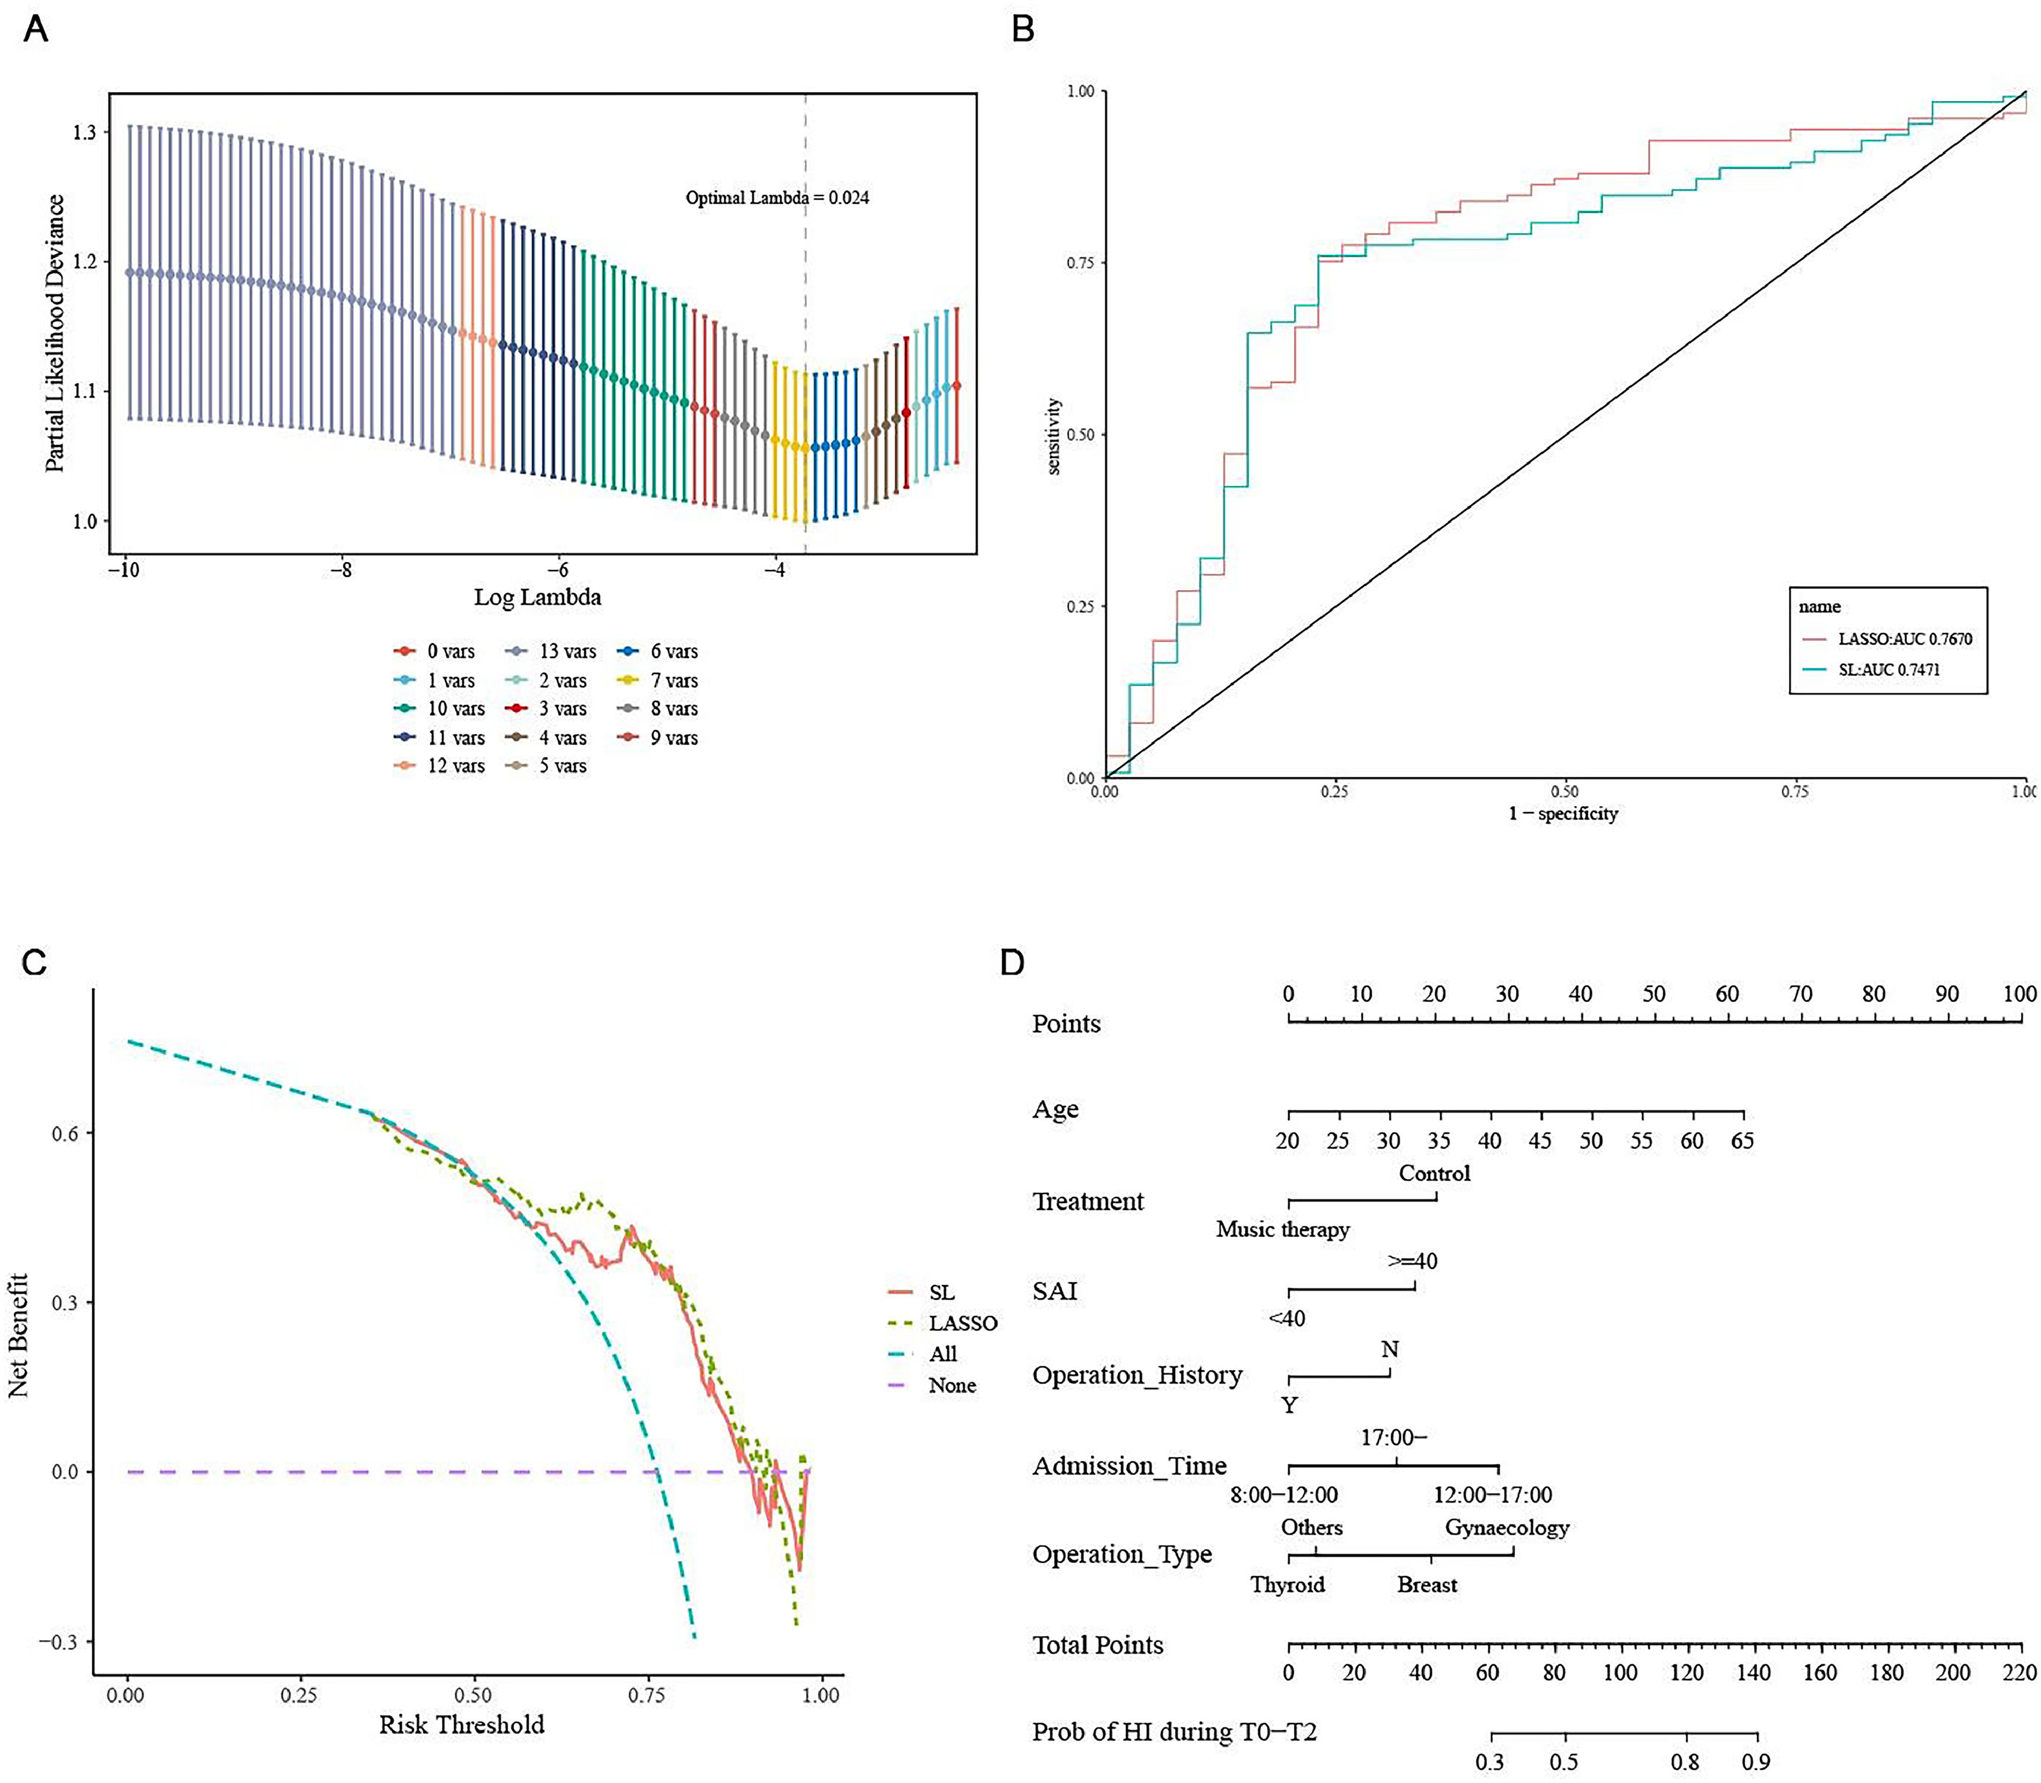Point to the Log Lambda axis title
537,597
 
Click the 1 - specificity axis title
1564,814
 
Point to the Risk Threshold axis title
462,1725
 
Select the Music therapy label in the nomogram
1283,1230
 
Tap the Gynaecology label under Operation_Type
1507,1527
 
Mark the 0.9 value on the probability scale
1755,1762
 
